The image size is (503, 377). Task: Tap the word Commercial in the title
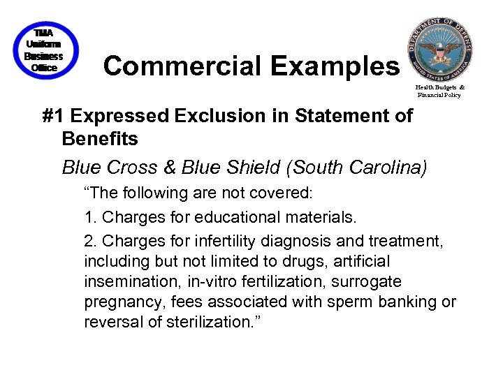pos(182,66)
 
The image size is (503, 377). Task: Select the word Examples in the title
pos(334,66)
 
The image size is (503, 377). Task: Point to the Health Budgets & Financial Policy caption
pos(439,91)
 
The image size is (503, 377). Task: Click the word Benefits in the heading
pos(100,138)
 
